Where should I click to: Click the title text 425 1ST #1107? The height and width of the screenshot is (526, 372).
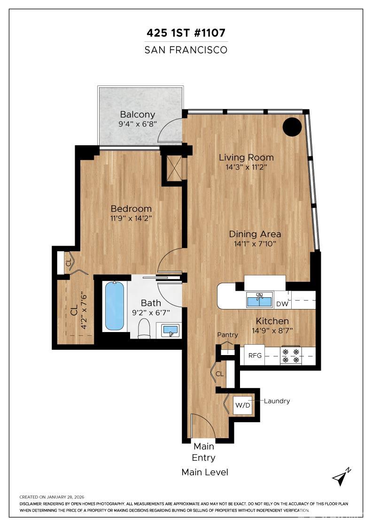coord(186,33)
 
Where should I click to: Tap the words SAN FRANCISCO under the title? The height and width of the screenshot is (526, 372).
coord(186,49)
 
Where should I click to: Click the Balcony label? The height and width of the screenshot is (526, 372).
coord(137,114)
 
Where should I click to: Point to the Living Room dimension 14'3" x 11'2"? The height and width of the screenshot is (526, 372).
coord(246,167)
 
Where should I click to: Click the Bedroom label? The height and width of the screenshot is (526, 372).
coord(131,209)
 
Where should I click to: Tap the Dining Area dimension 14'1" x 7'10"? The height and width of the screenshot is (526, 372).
coord(255,243)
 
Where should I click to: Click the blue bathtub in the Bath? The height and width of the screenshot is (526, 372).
coord(114,306)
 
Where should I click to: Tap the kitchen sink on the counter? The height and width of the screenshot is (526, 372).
coord(260,300)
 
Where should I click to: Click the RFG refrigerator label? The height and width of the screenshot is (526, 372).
coord(255,356)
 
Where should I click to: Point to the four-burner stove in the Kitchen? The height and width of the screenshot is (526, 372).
coord(290,356)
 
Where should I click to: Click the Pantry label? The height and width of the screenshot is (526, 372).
coord(227,335)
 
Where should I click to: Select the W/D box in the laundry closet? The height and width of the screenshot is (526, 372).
coord(243,405)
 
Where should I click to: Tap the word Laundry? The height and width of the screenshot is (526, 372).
coord(277,401)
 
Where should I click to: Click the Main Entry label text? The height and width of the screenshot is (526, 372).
coord(204,451)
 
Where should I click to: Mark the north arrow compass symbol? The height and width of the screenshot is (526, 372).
coord(341,477)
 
